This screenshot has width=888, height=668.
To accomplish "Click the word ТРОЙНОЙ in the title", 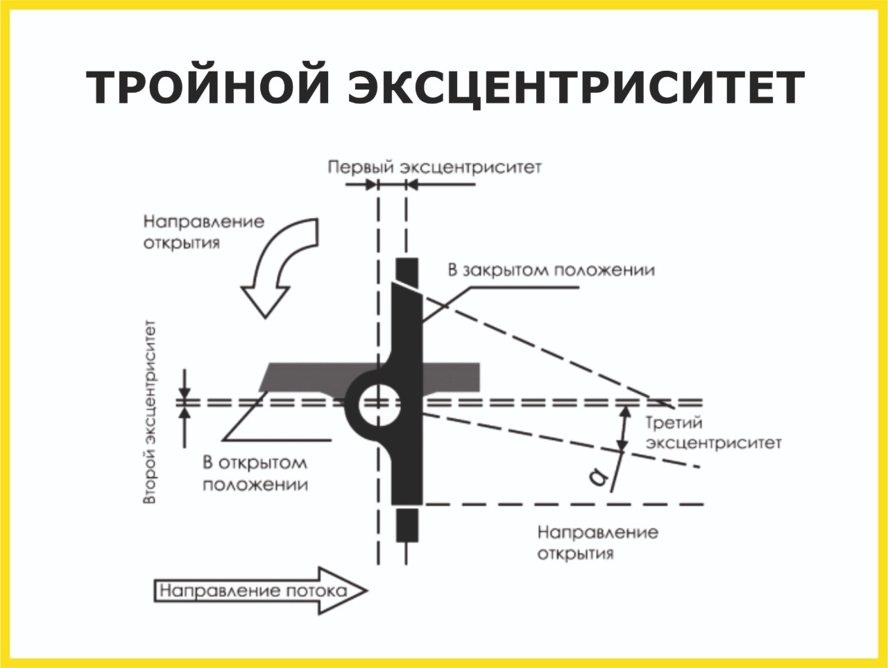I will (208, 88).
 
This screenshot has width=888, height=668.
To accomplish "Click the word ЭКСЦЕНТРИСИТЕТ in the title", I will (576, 88).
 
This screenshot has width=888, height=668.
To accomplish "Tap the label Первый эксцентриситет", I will (434, 167).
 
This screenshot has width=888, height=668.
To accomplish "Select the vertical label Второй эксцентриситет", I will (150, 412).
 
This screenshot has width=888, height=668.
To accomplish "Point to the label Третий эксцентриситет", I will (713, 432).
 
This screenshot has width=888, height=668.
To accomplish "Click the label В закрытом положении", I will (551, 270).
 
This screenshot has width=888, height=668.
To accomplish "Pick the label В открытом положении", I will (255, 473).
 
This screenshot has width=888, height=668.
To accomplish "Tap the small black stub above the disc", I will (407, 268).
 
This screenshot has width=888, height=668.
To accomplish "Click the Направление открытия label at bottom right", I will (597, 542).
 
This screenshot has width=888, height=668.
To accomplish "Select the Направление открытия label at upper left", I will (203, 232).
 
